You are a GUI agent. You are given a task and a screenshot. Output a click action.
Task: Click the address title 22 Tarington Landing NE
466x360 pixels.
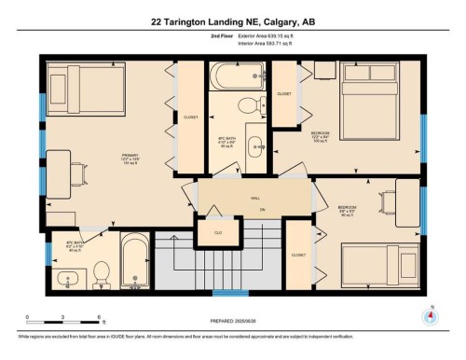[x=232, y=21]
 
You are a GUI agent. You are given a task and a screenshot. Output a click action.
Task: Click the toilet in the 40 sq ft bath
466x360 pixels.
[x=103, y=271]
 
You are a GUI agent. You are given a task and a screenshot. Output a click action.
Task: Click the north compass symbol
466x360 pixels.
[x=431, y=315]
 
